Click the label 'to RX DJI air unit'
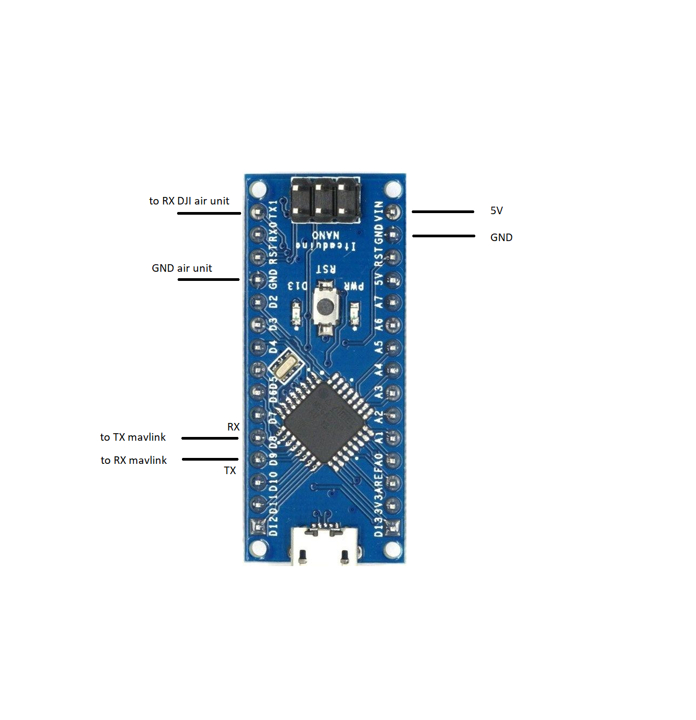click(189, 201)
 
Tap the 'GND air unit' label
click(182, 268)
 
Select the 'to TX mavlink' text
click(133, 437)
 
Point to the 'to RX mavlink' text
click(133, 460)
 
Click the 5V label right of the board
click(496, 210)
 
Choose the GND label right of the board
click(501, 237)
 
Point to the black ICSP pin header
click(325, 199)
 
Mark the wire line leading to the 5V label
click(442, 211)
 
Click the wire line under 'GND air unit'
click(208, 279)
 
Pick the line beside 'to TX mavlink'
click(209, 438)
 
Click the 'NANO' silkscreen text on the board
click(326, 235)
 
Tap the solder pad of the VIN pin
click(393, 211)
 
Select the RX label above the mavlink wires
click(233, 427)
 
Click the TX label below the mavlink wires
click(230, 470)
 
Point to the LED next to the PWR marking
click(354, 314)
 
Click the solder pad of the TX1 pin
click(258, 212)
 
